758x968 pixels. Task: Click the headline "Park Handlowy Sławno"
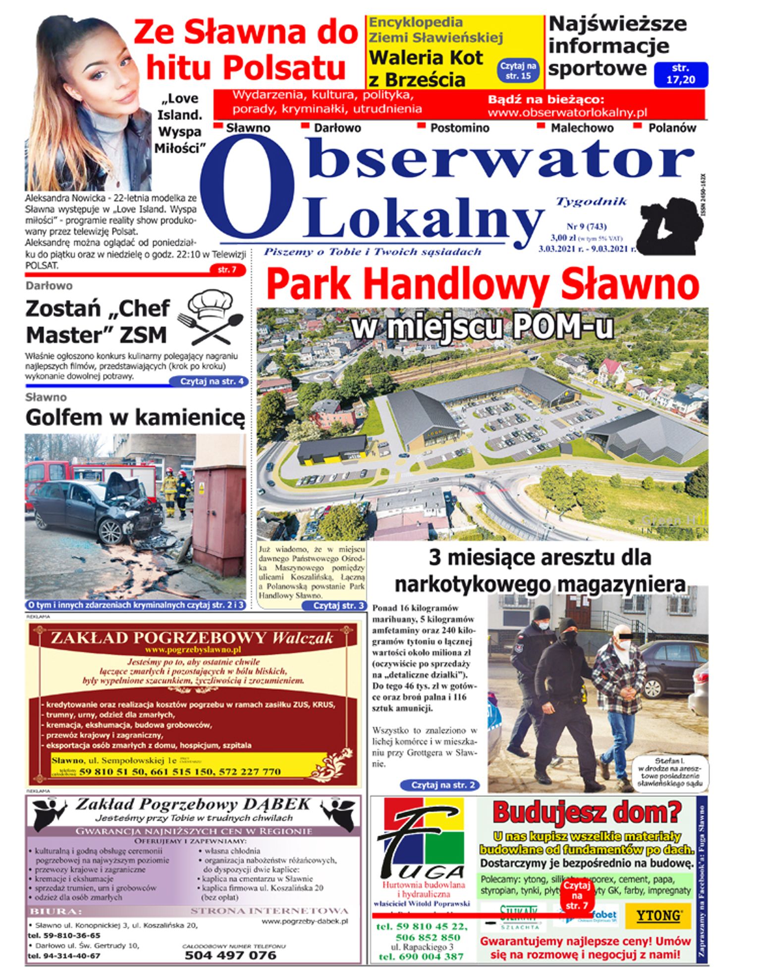tap(483, 285)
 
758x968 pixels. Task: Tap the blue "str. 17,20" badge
tap(681, 74)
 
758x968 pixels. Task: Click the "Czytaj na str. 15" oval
tap(518, 71)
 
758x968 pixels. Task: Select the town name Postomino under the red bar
tap(459, 128)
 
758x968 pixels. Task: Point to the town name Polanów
tap(672, 128)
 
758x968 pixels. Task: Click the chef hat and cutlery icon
tap(211, 317)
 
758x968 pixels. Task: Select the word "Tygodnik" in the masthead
tap(591, 202)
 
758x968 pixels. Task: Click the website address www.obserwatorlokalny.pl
tap(567, 112)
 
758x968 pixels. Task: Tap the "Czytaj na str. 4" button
tap(209, 381)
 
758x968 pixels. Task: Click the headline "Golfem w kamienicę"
tap(135, 418)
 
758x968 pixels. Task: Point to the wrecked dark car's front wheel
tap(111, 532)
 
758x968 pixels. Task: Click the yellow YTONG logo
tap(658, 915)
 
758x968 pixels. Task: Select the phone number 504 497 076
tap(230, 955)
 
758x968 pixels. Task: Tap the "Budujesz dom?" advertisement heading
tap(587, 812)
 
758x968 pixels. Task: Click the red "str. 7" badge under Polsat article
tap(227, 270)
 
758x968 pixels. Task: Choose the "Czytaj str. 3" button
tap(339, 605)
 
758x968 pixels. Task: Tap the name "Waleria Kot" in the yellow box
tap(426, 58)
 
